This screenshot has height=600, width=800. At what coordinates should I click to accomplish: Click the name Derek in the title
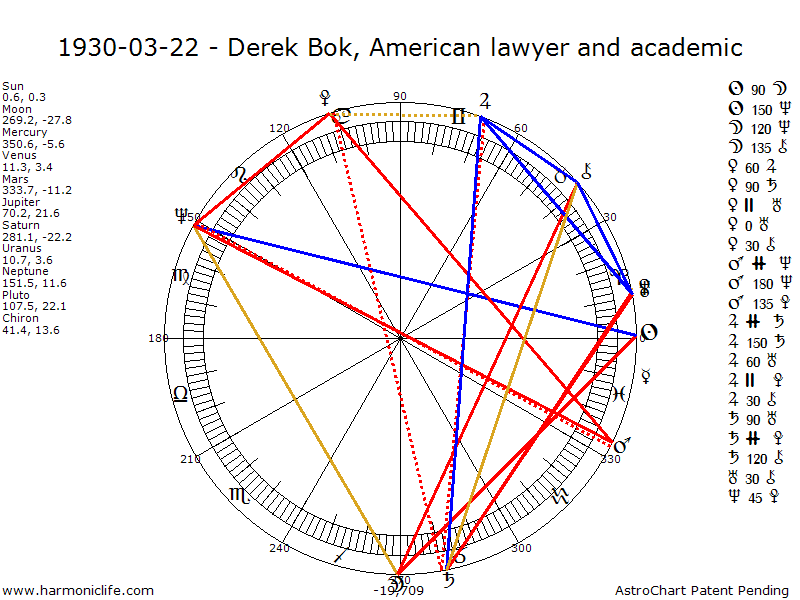pos(264,47)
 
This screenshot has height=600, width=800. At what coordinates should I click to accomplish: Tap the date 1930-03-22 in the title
pos(129,47)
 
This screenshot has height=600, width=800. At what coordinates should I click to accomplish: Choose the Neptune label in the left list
pos(23,271)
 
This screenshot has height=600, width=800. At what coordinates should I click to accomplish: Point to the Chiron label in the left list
pos(19,318)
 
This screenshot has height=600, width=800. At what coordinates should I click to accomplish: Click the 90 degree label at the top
pos(400,96)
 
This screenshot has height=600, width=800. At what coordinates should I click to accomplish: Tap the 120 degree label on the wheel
pos(279,128)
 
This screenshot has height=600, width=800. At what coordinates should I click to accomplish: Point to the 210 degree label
pos(190,459)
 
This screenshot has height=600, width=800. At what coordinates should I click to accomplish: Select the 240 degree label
pos(279,548)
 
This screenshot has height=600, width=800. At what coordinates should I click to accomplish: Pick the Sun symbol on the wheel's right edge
pos(648,333)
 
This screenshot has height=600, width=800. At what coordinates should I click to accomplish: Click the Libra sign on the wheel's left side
pos(180,394)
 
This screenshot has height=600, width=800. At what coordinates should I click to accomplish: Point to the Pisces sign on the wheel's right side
pos(619,394)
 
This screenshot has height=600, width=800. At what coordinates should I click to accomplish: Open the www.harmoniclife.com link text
pos(79,591)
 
